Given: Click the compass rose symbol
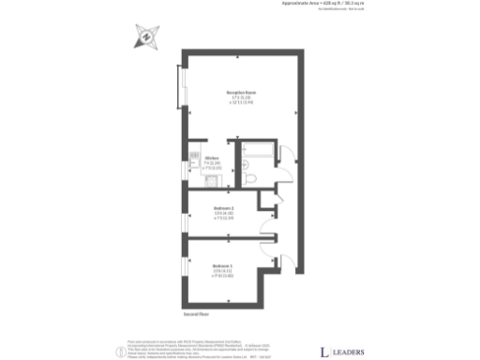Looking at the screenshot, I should (146, 37).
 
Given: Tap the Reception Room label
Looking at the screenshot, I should (241, 93).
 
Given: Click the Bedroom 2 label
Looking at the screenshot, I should (224, 207).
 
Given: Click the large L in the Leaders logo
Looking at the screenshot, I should (324, 352).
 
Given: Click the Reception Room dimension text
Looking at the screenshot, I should (241, 100).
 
